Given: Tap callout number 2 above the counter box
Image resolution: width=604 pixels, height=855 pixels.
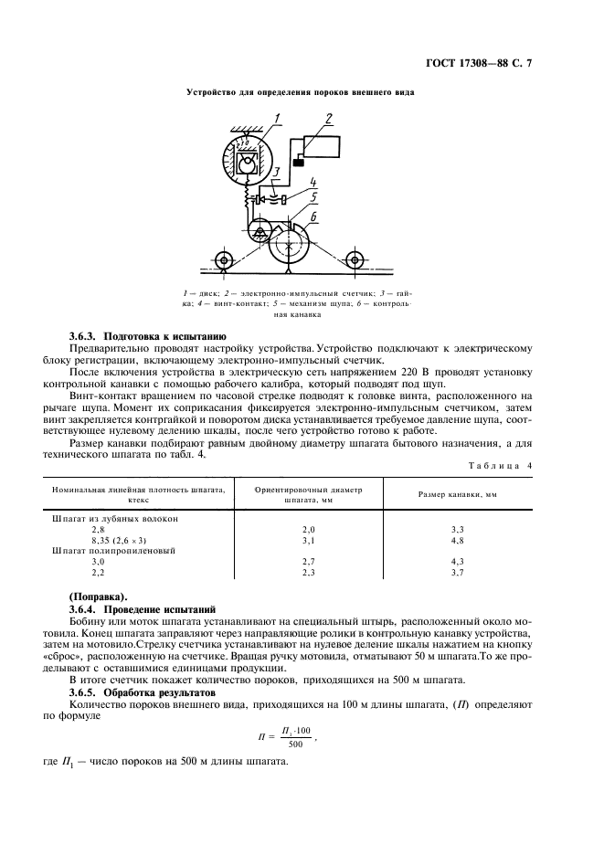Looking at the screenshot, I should click(x=329, y=118).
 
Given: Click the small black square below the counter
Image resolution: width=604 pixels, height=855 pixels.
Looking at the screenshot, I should click(x=299, y=162).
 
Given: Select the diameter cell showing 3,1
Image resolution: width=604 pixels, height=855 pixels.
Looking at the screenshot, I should click(x=308, y=540).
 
